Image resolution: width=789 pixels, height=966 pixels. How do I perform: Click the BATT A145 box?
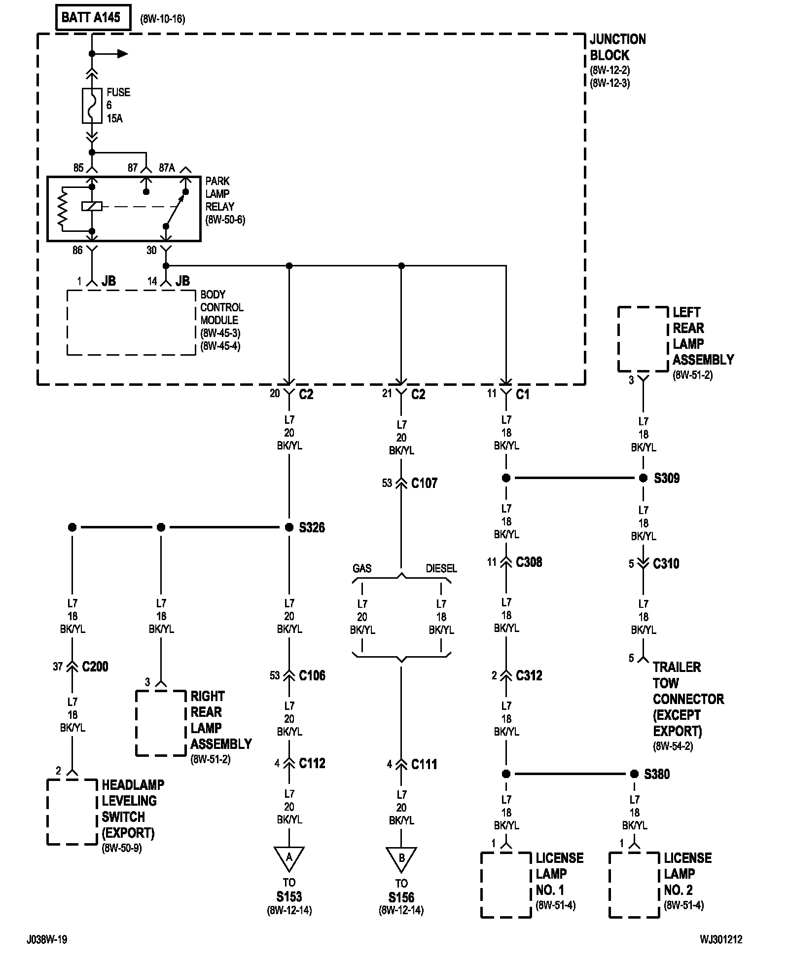pyautogui.click(x=93, y=18)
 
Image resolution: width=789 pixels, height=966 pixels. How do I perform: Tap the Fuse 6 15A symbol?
pyautogui.click(x=92, y=106)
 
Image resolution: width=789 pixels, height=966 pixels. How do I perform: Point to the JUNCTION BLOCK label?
pyautogui.click(x=618, y=47)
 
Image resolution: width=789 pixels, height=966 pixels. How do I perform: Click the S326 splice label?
pyautogui.click(x=312, y=527)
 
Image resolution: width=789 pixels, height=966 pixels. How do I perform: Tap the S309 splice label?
pyautogui.click(x=667, y=478)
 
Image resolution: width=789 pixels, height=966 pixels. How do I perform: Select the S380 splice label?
pyautogui.click(x=657, y=774)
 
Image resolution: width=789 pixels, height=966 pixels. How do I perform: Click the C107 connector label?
pyautogui.click(x=424, y=483)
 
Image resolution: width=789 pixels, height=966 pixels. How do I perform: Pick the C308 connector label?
pyautogui.click(x=529, y=562)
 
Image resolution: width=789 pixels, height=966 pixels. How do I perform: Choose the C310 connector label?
pyautogui.click(x=666, y=563)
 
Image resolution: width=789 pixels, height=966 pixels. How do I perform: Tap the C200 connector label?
pyautogui.click(x=95, y=667)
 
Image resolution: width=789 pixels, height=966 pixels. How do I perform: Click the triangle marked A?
pyautogui.click(x=289, y=859)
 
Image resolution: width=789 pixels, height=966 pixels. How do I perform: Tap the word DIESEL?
pyautogui.click(x=441, y=568)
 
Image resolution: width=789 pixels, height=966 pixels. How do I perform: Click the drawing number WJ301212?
pyautogui.click(x=720, y=940)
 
